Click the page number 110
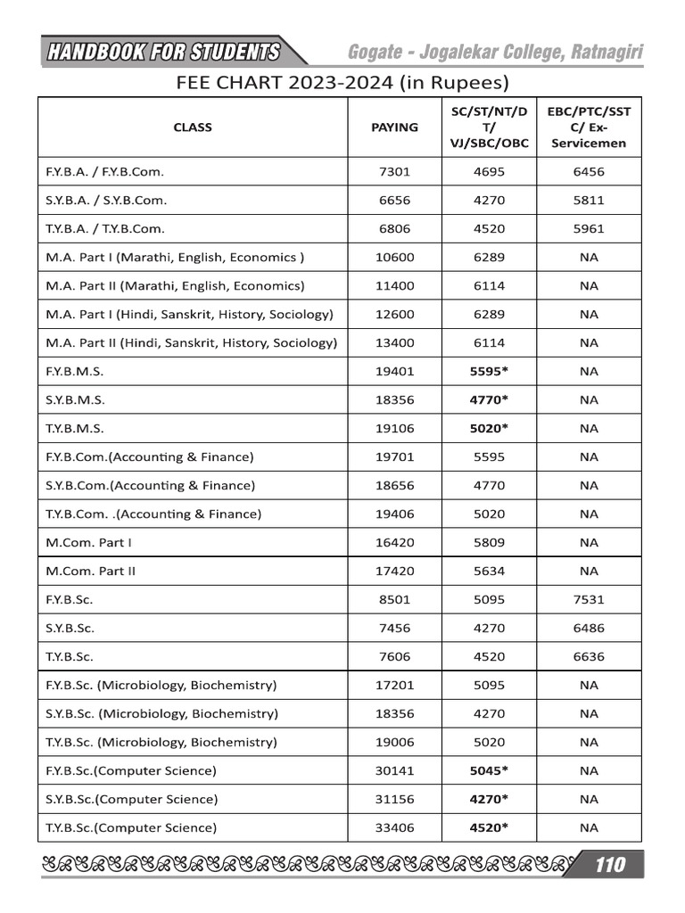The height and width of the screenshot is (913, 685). click(610, 864)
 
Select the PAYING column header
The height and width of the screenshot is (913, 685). click(394, 127)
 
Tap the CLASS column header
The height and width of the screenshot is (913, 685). click(193, 127)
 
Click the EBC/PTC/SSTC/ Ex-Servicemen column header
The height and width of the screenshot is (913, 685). click(588, 127)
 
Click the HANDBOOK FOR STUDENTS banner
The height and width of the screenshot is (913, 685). click(163, 53)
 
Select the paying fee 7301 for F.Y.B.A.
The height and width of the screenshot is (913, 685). click(394, 171)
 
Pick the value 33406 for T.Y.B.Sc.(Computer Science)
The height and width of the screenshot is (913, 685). click(394, 827)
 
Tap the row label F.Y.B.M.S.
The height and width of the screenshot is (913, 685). click(75, 371)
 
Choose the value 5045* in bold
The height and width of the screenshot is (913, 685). click(489, 770)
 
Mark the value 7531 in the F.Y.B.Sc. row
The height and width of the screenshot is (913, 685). click(588, 599)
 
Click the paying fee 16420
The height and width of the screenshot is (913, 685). click(394, 542)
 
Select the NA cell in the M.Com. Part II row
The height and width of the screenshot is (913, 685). click(588, 571)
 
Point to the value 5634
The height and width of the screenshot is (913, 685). click(489, 571)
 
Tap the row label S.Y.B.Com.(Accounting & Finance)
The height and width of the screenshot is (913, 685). click(150, 485)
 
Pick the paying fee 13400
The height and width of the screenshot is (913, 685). click(394, 342)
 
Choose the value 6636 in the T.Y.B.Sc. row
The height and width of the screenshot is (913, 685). click(588, 656)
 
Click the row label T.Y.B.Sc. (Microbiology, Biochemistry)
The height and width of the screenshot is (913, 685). click(161, 742)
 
